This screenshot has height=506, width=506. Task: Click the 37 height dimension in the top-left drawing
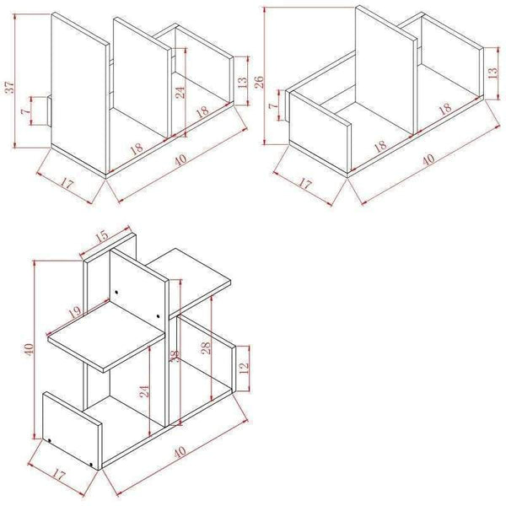click(9, 88)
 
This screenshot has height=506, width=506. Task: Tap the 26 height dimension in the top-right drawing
click(261, 83)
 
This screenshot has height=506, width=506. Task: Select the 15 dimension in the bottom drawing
click(103, 239)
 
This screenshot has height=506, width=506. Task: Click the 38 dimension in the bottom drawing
click(175, 356)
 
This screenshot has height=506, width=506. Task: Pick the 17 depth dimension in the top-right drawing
click(306, 182)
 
